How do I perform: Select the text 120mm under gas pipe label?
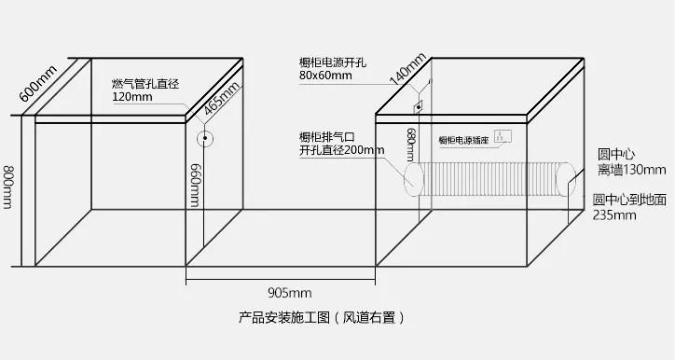131,97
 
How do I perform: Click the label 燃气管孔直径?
145,84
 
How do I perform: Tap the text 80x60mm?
325,75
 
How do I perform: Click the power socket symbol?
504,136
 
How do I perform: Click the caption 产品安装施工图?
279,317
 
